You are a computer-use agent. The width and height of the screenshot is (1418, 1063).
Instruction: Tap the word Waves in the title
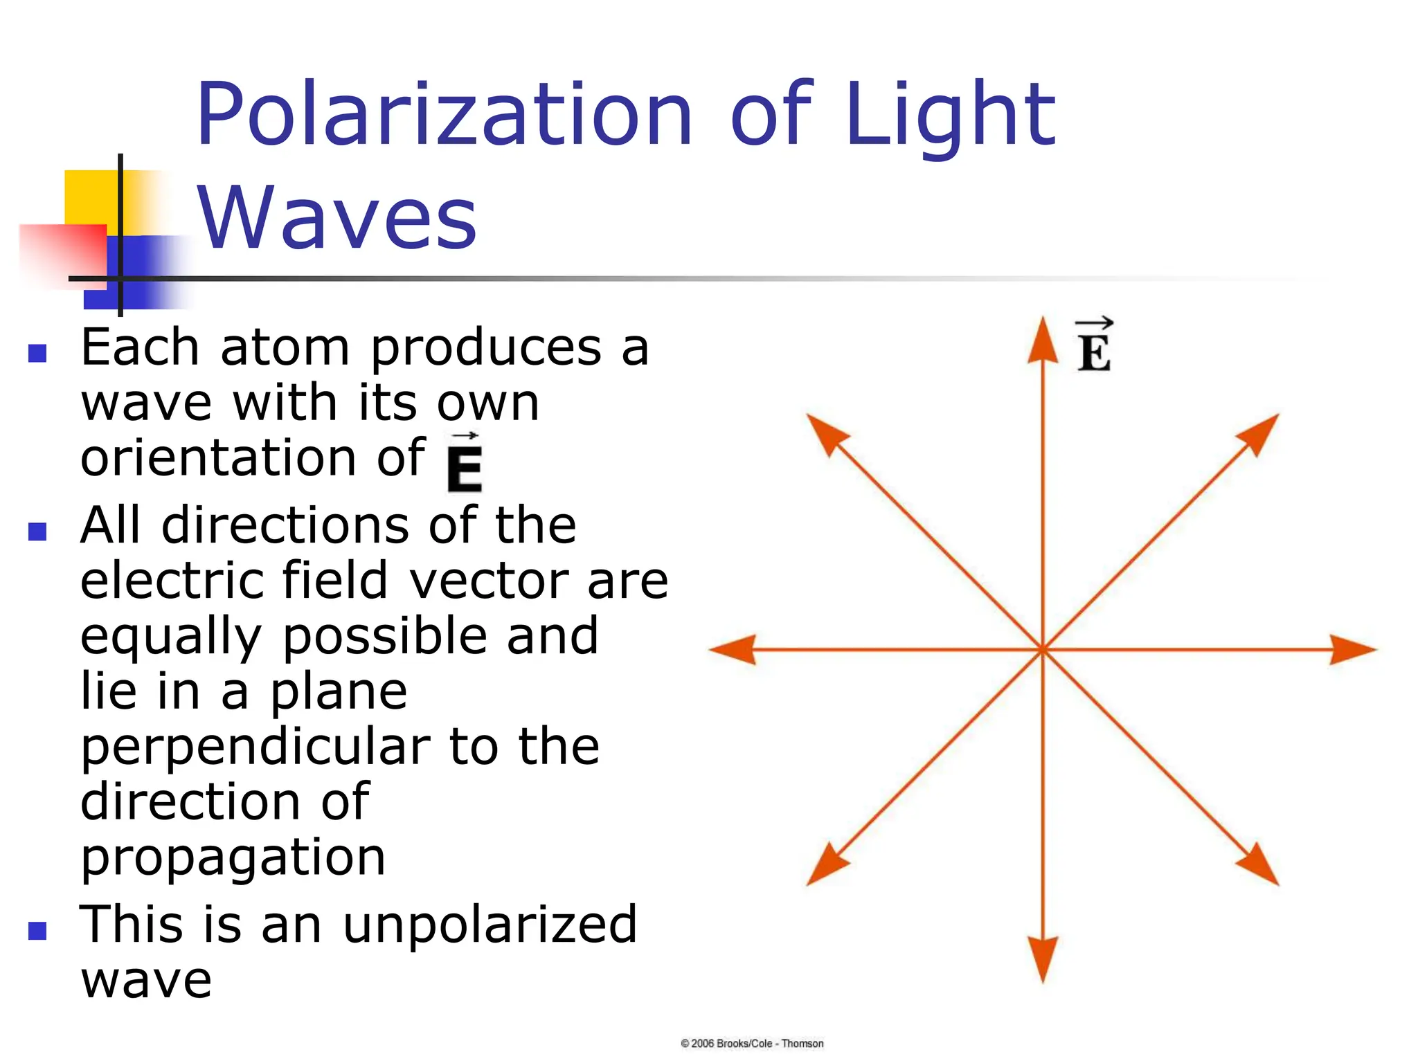click(x=337, y=218)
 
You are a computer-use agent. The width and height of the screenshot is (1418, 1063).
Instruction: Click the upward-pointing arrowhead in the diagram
click(x=1043, y=339)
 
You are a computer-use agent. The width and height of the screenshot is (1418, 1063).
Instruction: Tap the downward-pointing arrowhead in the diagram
click(x=1043, y=958)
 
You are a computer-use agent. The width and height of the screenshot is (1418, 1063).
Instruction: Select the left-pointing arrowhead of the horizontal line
click(x=733, y=649)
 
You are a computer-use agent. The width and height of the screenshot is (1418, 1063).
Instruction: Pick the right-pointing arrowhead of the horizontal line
click(x=1354, y=649)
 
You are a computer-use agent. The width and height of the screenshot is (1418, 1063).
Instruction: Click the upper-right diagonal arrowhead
click(x=1260, y=433)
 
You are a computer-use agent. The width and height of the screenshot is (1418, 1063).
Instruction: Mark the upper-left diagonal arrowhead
click(x=825, y=433)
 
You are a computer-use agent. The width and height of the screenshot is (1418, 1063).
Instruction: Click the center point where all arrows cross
click(x=1043, y=649)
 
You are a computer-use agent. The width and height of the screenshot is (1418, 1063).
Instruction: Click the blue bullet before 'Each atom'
click(x=37, y=354)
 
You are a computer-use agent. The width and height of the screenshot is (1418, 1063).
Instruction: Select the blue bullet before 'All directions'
click(x=37, y=531)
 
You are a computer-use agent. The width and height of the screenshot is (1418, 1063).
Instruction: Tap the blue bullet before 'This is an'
click(x=37, y=931)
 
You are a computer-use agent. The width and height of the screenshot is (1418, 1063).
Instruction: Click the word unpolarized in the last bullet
click(x=490, y=925)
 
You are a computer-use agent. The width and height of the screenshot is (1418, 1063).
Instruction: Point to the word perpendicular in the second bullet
click(x=255, y=747)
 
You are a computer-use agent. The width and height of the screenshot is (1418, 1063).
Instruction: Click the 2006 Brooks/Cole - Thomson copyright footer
click(x=752, y=1044)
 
